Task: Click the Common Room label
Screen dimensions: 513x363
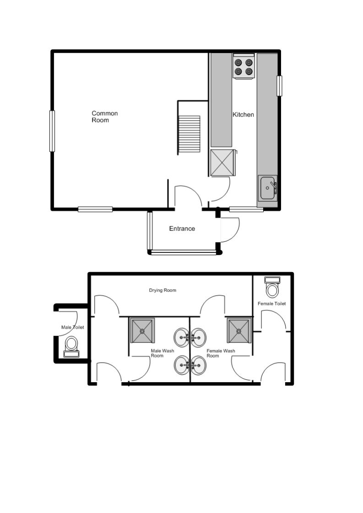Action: (x=104, y=117)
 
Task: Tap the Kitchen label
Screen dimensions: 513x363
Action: (x=243, y=114)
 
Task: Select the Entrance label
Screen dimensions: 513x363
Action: (x=182, y=229)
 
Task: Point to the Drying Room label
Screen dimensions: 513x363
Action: (x=163, y=290)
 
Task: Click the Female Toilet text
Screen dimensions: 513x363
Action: (x=271, y=304)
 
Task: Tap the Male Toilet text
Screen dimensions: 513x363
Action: (x=73, y=327)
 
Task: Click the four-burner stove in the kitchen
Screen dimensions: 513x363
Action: (x=244, y=66)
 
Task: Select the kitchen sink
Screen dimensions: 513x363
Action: (x=267, y=188)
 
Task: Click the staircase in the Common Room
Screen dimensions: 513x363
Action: (x=189, y=134)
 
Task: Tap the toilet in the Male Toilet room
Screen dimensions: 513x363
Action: (x=71, y=346)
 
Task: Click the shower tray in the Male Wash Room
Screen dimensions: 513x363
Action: (x=142, y=330)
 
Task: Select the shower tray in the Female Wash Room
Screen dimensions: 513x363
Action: (x=239, y=330)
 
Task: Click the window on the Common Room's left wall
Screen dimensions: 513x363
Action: (x=52, y=131)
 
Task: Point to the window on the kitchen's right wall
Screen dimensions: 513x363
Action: (x=279, y=86)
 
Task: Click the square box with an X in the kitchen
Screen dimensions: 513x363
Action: (x=222, y=163)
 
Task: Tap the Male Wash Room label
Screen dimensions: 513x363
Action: (x=163, y=353)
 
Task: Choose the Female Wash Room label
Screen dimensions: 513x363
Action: (x=221, y=353)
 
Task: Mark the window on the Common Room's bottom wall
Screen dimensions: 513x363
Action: (x=95, y=209)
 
